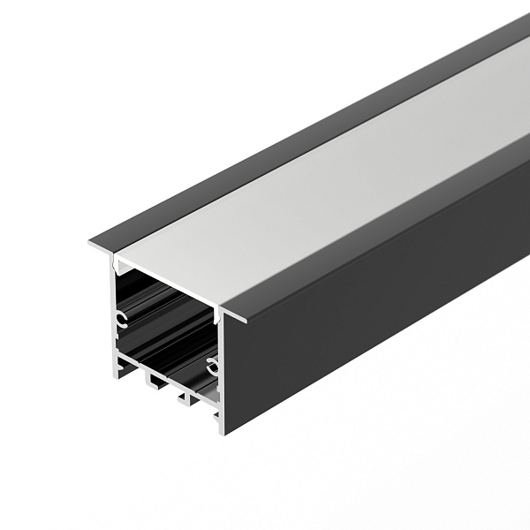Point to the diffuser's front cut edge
tap(168, 280)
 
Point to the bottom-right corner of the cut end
tap(220, 432)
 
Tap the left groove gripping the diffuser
tap(114, 261)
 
